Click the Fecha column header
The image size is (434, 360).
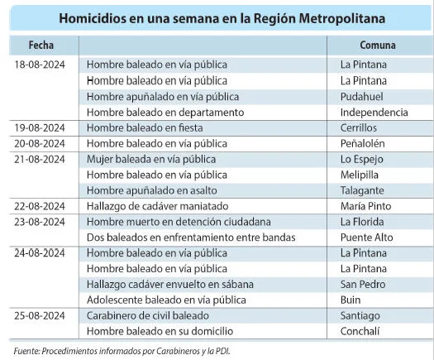click(x=41, y=45)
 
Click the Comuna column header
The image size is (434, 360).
click(x=378, y=45)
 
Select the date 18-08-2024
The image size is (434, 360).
click(x=40, y=65)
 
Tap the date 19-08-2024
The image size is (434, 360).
click(x=40, y=127)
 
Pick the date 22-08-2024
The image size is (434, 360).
click(x=40, y=206)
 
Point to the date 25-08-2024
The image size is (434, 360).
click(x=40, y=315)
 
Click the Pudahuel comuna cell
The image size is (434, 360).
click(x=362, y=97)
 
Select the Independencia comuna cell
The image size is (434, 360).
click(x=374, y=113)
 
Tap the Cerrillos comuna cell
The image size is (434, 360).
click(x=359, y=127)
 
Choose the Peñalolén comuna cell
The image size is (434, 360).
click(x=363, y=143)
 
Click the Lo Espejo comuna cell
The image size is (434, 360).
click(x=362, y=160)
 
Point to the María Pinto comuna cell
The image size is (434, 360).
click(x=366, y=206)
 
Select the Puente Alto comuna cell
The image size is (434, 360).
click(x=367, y=238)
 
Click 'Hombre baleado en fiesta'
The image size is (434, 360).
click(x=145, y=127)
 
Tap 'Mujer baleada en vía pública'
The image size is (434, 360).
click(x=151, y=160)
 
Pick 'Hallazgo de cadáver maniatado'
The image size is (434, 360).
click(x=158, y=206)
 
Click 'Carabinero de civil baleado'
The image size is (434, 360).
click(x=148, y=315)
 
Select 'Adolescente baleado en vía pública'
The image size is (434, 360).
click(x=166, y=300)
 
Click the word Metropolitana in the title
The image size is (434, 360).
click(x=342, y=18)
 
